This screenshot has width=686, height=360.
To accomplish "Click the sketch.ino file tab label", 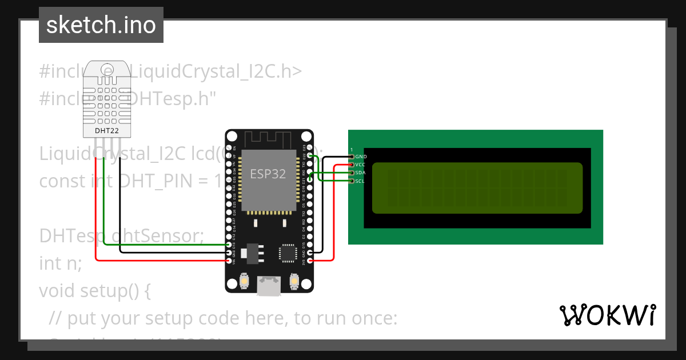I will (101, 25).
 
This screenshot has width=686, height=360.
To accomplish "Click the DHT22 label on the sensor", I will (107, 131).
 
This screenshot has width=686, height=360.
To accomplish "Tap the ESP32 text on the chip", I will (268, 174).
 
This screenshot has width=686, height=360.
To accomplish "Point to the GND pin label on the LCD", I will (361, 157).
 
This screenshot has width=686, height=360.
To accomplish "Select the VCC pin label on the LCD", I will (361, 165).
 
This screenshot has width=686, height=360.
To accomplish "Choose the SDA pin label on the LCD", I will (361, 173).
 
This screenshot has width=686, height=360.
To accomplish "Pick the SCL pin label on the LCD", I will (360, 181).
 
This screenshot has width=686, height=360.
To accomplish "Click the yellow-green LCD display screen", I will (477, 188).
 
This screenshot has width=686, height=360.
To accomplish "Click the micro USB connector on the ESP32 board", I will (268, 286).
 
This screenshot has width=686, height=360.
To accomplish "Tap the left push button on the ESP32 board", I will (244, 281).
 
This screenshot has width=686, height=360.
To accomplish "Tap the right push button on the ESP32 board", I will (295, 281).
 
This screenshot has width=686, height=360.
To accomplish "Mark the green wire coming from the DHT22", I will (104, 206).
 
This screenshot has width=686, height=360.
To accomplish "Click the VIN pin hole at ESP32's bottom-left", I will (230, 261).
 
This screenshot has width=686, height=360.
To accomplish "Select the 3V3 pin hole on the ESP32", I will (310, 261).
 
